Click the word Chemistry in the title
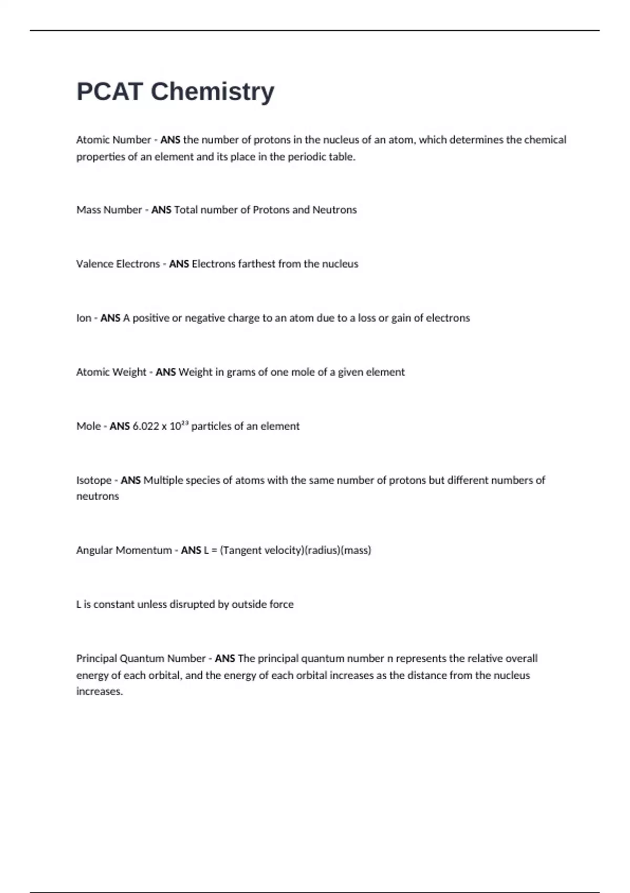212,91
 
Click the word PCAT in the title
109,91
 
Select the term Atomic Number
113,140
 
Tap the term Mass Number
109,210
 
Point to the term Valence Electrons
118,264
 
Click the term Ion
83,318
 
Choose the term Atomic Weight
111,372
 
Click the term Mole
88,426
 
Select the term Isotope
94,480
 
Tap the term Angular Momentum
124,550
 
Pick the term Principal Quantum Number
141,658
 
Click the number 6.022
145,426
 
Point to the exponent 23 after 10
185,422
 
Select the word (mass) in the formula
356,550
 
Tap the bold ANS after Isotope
131,480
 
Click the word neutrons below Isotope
98,496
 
